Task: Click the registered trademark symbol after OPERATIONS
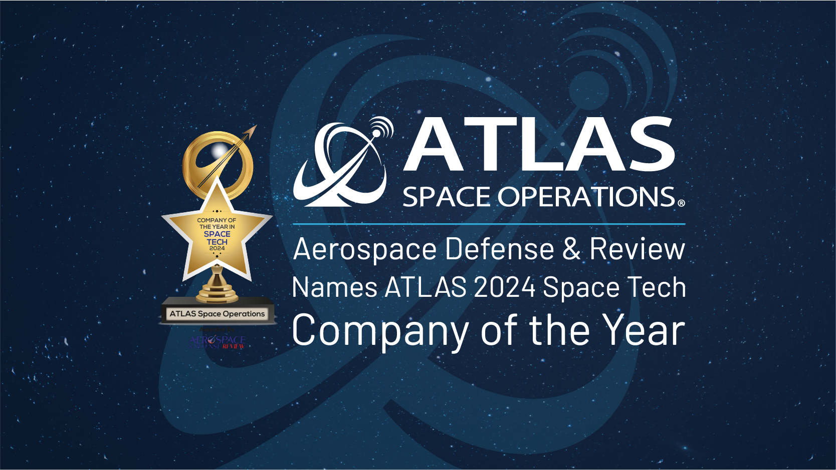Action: pyautogui.click(x=681, y=203)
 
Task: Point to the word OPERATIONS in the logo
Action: pyautogui.click(x=586, y=197)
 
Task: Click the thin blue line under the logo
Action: pyautogui.click(x=489, y=224)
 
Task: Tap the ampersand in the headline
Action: pyautogui.click(x=571, y=249)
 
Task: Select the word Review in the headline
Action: pyautogui.click(x=637, y=249)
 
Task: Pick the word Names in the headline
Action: pyautogui.click(x=335, y=287)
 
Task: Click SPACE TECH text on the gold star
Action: pyautogui.click(x=217, y=238)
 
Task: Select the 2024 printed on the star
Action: pyautogui.click(x=217, y=248)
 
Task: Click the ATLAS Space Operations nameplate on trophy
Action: pyautogui.click(x=217, y=314)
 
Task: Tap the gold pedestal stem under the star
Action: pyautogui.click(x=217, y=283)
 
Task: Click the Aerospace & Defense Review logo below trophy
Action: pyautogui.click(x=217, y=342)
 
